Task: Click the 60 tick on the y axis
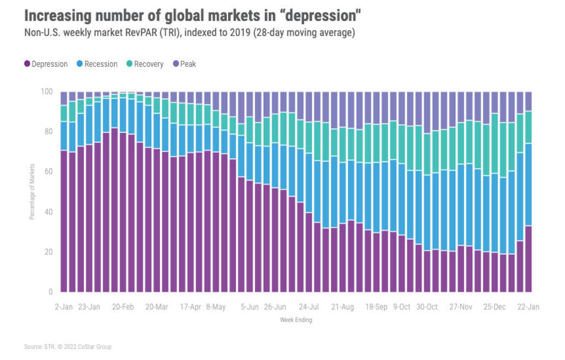49,172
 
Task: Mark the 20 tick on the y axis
49,252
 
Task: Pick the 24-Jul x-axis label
308,307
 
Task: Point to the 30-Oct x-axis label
427,307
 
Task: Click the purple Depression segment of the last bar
527,259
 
